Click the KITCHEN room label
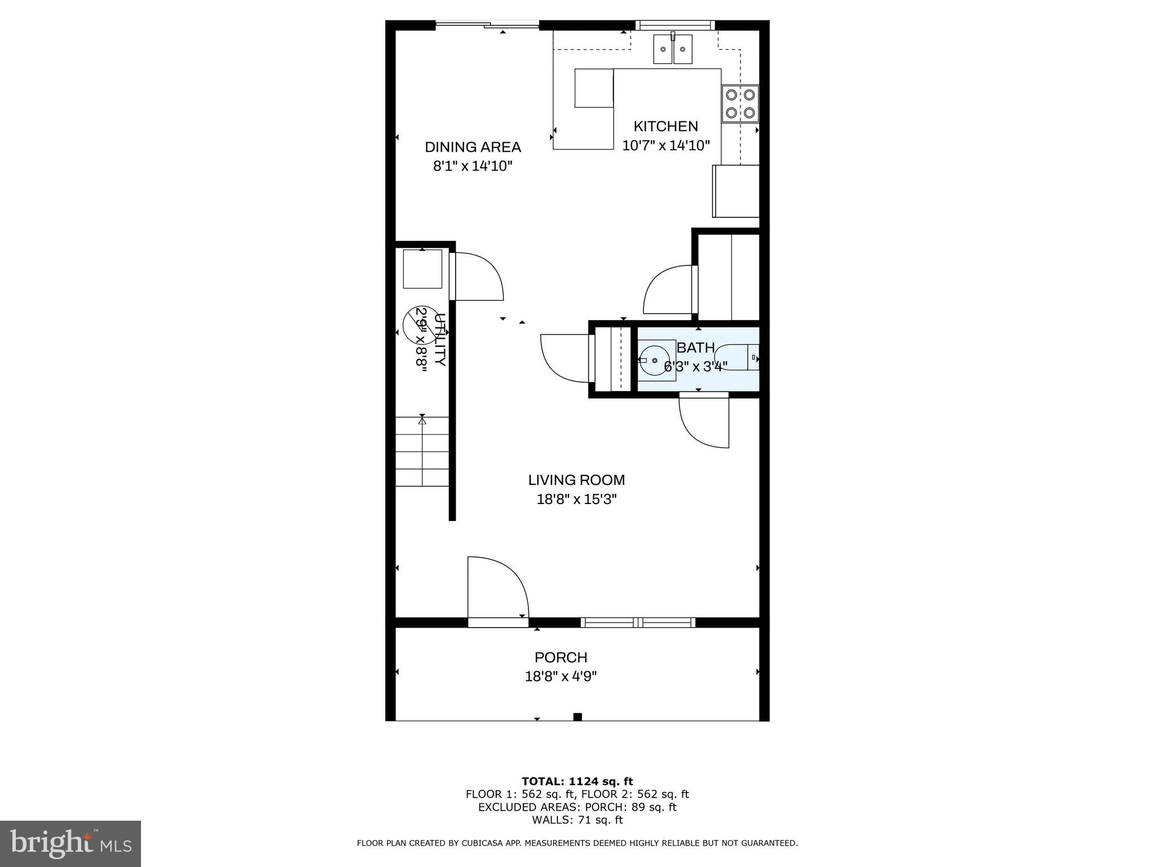[x=665, y=126]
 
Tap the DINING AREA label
[x=473, y=147]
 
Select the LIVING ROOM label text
[x=576, y=480]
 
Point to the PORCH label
[x=561, y=658]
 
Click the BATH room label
[x=695, y=348]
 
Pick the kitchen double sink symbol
[x=673, y=50]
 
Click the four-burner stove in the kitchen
[x=740, y=104]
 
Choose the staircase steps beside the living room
[x=422, y=452]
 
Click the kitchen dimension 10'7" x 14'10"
[x=665, y=146]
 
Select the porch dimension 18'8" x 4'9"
[x=561, y=676]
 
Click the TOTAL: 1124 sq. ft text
[x=577, y=782]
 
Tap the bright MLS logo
[x=70, y=844]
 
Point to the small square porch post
[x=577, y=717]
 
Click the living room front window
[x=638, y=623]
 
